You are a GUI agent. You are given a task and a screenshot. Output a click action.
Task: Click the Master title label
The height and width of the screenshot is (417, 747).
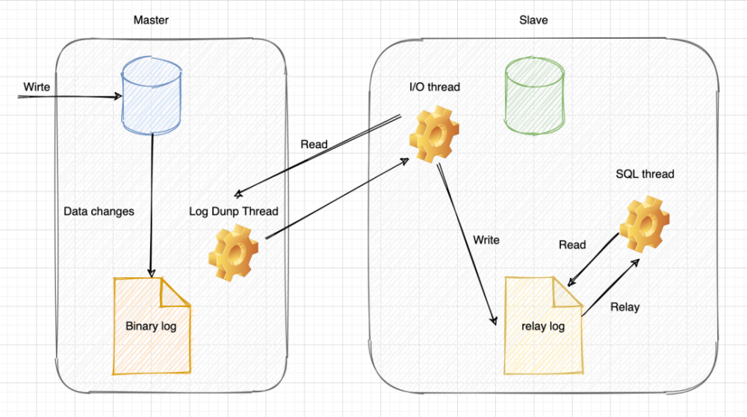[151, 20]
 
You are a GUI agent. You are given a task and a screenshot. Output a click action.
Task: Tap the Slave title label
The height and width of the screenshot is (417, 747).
[533, 20]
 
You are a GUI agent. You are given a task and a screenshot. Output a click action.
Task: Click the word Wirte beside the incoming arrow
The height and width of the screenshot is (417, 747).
[36, 87]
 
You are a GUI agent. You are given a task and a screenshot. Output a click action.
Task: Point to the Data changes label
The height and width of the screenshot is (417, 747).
[99, 211]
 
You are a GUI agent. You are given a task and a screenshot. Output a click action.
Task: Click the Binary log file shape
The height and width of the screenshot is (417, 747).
[152, 326]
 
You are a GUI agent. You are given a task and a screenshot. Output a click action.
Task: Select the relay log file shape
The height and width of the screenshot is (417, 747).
[544, 326]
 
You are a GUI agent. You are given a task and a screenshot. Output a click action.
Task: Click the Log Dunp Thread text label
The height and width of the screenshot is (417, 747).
[233, 211]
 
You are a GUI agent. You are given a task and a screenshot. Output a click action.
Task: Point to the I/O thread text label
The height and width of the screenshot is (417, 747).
[434, 87]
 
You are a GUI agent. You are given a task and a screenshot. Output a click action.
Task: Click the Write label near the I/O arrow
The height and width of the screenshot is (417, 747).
[486, 241]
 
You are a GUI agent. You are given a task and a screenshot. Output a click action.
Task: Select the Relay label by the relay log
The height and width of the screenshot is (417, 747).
[624, 307]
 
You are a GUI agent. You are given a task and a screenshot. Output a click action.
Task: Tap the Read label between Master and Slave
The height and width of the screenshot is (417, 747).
[314, 144]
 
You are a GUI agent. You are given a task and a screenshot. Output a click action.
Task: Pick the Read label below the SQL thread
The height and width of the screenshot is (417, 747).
[572, 244]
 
